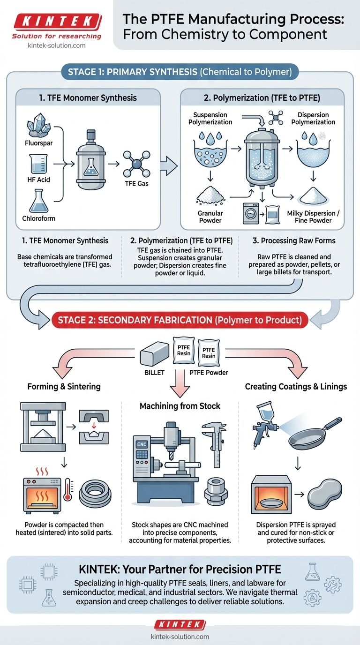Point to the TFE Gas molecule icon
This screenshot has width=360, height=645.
pos(136,164)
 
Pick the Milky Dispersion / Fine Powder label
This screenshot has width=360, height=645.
pos(314,217)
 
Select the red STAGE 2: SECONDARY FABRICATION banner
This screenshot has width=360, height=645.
pos(180,321)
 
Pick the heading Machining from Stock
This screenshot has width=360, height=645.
pos(180,406)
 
